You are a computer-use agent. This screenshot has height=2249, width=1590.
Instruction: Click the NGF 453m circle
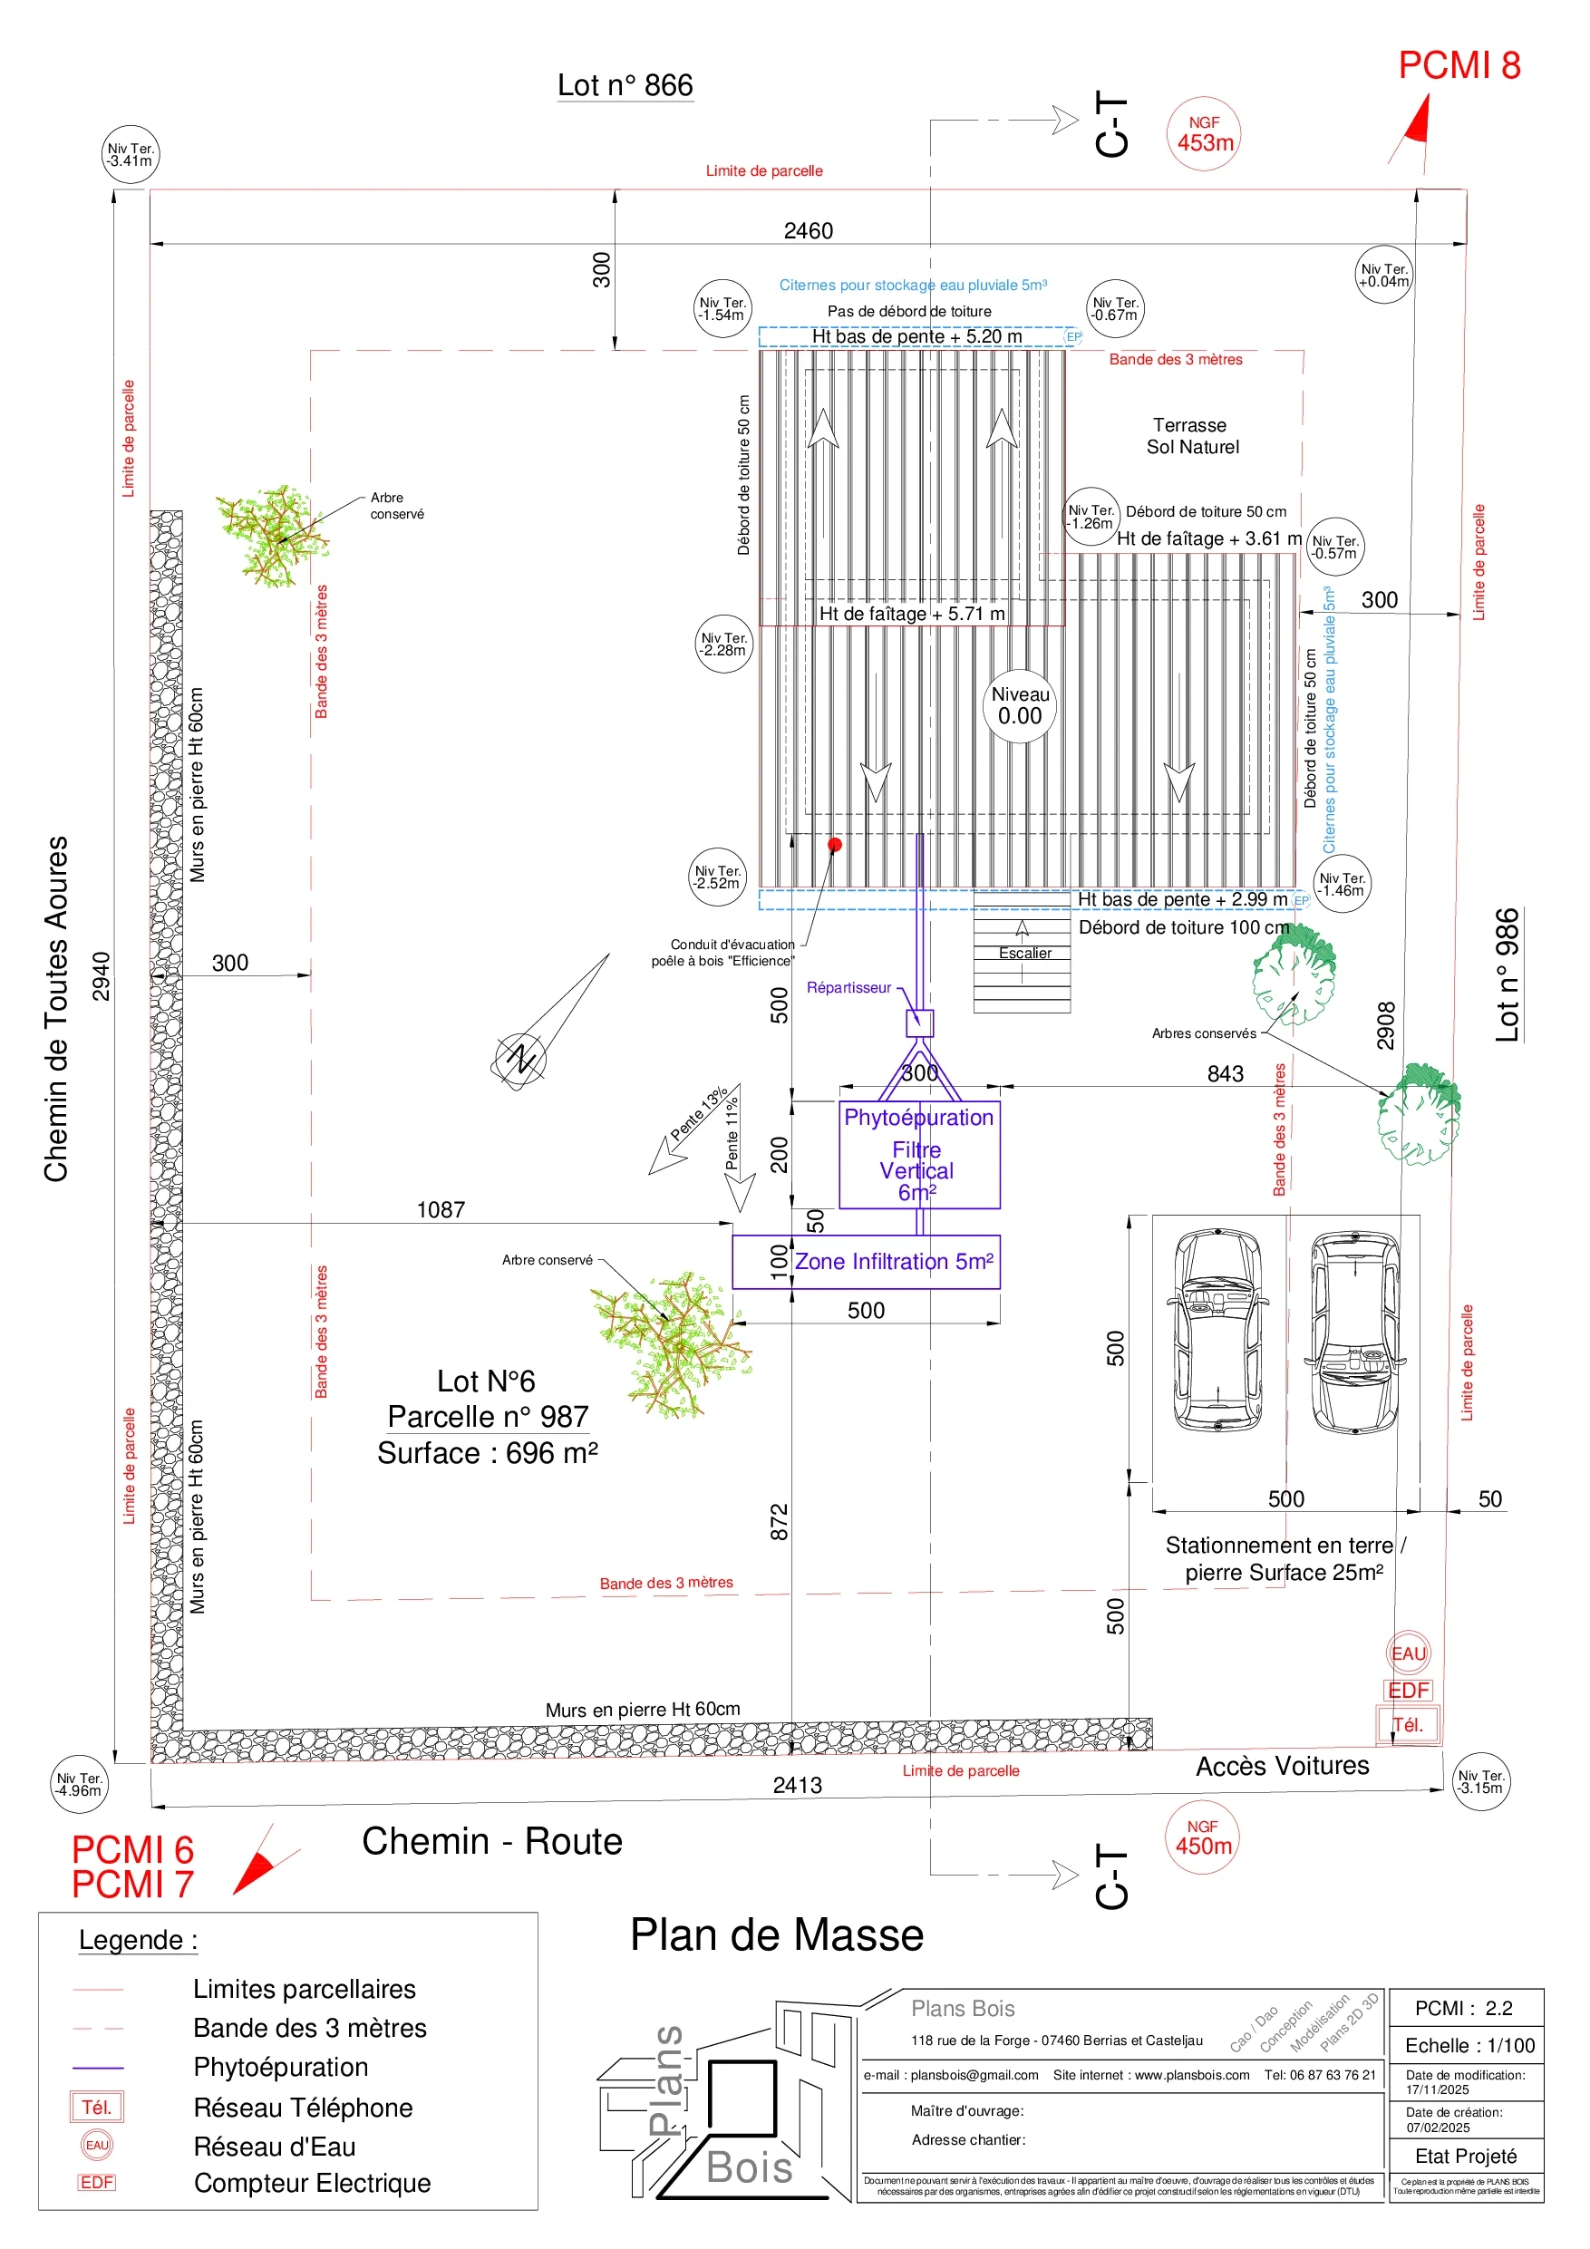1203,134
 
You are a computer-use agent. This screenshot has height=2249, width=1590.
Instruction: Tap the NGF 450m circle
1201,1837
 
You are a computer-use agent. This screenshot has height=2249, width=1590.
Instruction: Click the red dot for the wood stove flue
835,843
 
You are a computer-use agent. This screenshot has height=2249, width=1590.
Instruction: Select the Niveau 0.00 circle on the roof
1020,705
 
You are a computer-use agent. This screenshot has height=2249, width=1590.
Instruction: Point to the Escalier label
1024,952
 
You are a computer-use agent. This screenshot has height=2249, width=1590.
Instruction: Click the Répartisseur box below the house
919,1023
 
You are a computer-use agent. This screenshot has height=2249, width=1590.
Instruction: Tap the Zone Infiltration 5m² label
894,1262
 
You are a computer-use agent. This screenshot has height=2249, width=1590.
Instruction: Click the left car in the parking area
1217,1330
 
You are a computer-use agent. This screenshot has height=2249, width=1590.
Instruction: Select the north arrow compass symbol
519,1058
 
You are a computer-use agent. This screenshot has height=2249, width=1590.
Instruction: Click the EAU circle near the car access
1409,1653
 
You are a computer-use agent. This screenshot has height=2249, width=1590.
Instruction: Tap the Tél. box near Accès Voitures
1408,1725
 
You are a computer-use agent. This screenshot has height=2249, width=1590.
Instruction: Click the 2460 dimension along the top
809,231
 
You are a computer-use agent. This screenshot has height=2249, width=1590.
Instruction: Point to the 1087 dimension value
441,1210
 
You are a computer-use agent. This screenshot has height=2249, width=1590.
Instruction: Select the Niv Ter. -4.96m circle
78,1784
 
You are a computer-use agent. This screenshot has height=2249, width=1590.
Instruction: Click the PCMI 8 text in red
1459,65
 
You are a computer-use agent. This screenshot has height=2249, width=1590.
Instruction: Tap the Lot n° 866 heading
625,85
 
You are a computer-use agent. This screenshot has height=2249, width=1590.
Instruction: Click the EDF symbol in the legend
97,2183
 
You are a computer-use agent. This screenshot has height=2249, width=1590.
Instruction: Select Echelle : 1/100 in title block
1469,2045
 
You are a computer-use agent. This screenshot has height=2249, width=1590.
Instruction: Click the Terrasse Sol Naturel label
1191,436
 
